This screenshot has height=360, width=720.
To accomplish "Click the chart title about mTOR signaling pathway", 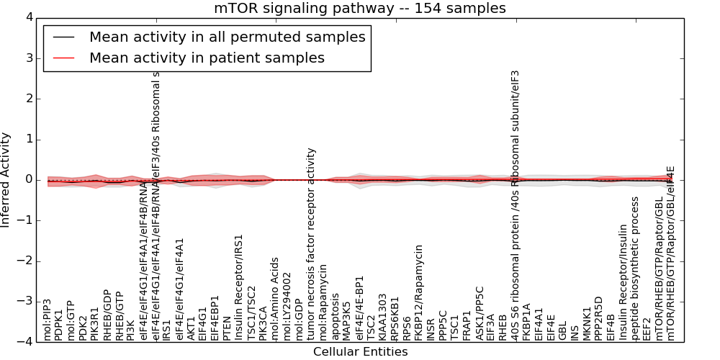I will pos(359,9).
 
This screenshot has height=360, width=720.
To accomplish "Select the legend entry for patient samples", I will pos(207,58).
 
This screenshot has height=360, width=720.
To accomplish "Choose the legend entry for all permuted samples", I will pos(227,37).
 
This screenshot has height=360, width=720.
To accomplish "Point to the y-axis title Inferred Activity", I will pos(6,179).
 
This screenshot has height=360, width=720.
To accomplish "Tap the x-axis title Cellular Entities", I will pos(360,351).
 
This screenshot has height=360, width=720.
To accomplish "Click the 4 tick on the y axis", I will pos(25,17).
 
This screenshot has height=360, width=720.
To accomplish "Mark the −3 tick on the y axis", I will pos(23,301).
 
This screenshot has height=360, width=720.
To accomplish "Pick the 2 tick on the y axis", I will pos(25,99).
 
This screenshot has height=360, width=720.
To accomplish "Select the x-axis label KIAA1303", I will pos(383,317).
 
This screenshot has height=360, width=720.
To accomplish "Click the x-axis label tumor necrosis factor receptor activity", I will pos(311,244).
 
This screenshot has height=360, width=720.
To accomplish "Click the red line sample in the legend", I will pos(64,58).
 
